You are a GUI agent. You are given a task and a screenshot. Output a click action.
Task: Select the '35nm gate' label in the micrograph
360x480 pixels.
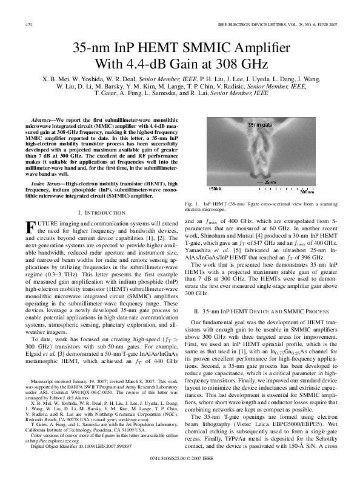(261, 125)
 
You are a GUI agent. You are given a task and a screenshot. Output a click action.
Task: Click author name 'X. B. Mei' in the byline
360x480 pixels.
(53, 79)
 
